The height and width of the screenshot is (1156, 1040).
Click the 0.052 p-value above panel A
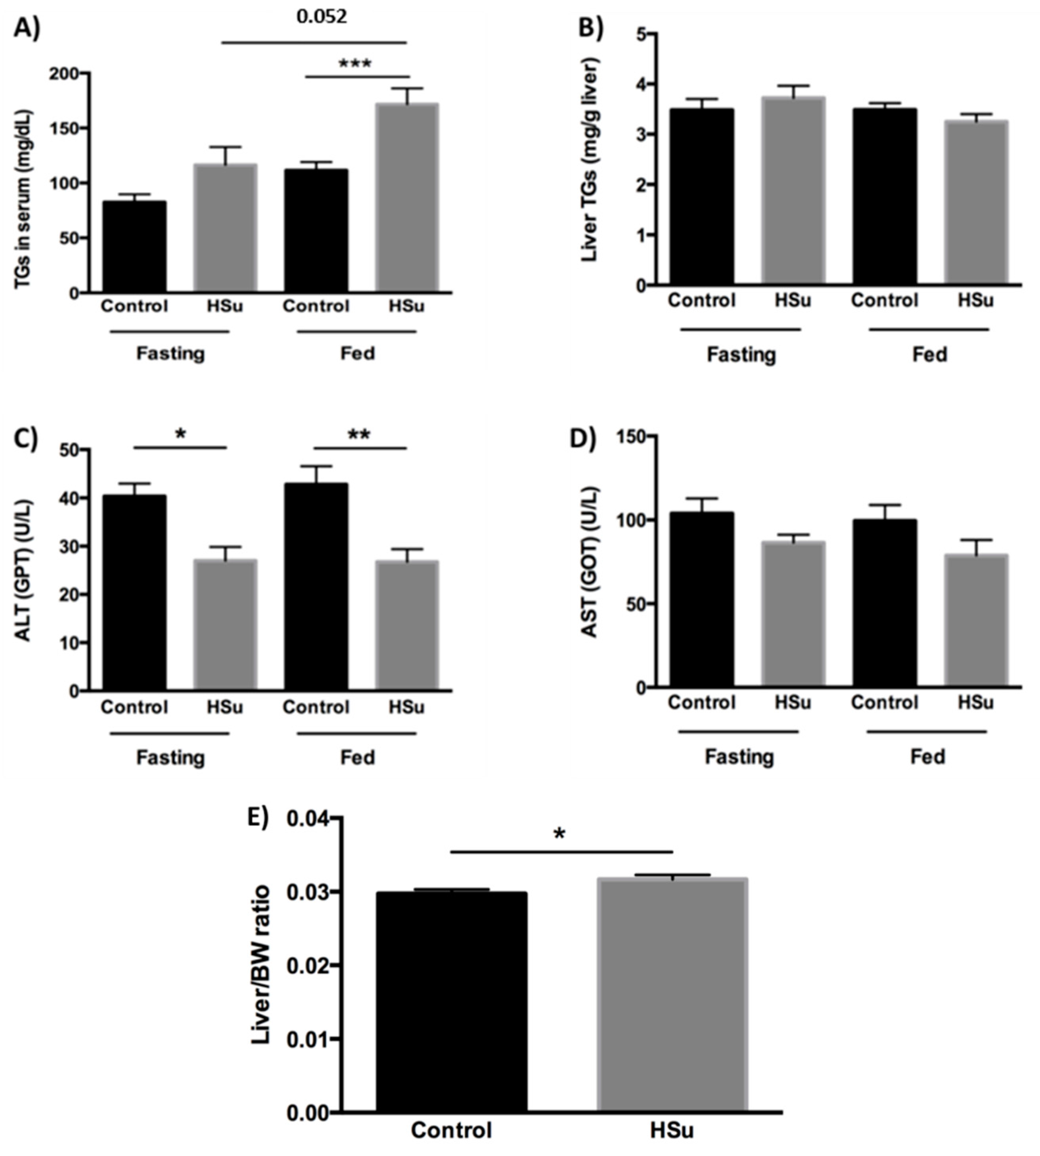pyautogui.click(x=321, y=17)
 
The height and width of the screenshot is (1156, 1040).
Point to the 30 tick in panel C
pyautogui.click(x=70, y=546)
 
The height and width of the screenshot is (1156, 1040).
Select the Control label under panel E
pyautogui.click(x=451, y=1130)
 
